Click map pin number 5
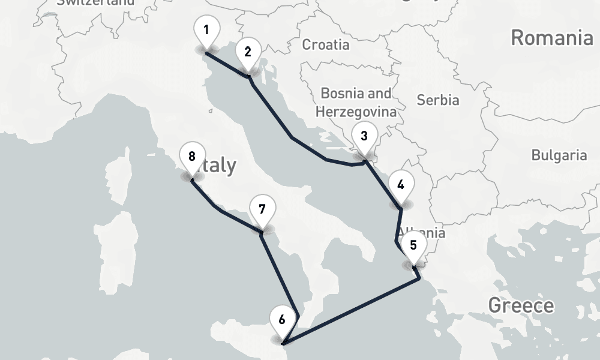(413, 245)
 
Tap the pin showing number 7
(262, 210)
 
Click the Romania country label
(551, 38)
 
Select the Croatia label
(325, 44)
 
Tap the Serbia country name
(437, 100)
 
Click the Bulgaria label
(559, 155)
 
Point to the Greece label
(521, 305)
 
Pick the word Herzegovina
(356, 112)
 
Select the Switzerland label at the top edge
(96, 2)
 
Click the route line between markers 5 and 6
(354, 308)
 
